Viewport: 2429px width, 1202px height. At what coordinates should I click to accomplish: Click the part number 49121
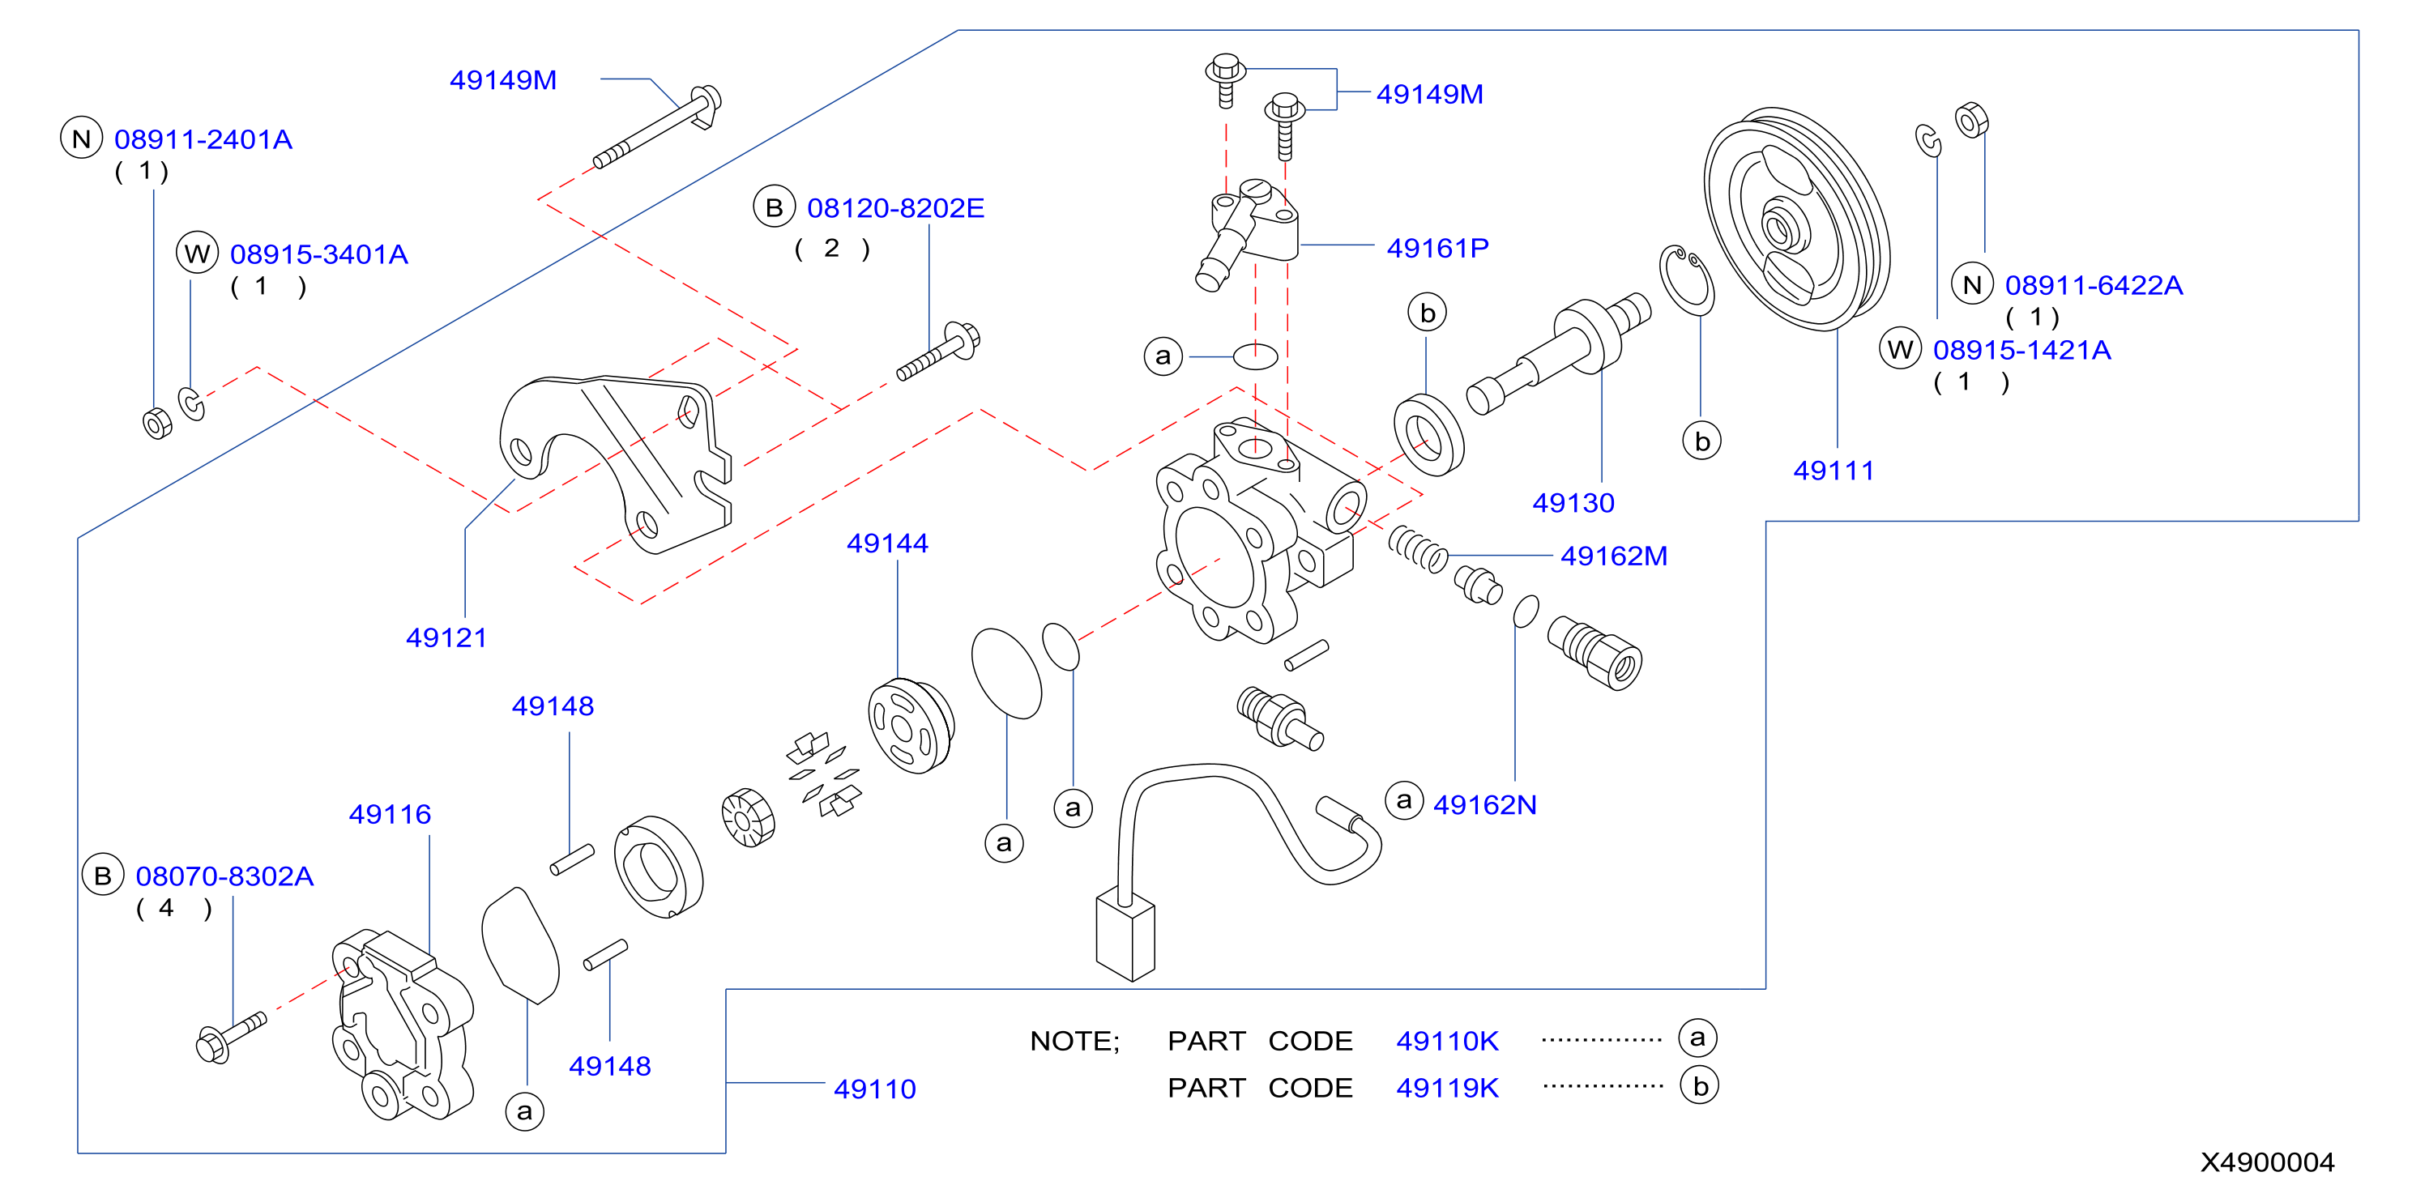click(x=446, y=638)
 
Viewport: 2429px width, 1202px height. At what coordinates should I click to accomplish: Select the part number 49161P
click(x=1437, y=248)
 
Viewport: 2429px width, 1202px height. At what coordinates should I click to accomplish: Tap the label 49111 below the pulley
click(x=1833, y=471)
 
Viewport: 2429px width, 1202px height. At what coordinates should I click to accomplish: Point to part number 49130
click(x=1573, y=502)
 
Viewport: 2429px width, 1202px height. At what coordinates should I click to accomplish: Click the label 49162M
click(x=1613, y=556)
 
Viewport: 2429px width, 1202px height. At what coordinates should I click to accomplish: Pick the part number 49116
click(x=390, y=815)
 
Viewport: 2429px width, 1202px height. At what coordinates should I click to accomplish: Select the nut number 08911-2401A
click(x=203, y=139)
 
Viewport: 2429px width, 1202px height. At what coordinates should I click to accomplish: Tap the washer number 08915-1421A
click(x=2021, y=351)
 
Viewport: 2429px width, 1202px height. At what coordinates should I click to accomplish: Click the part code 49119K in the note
click(x=1446, y=1088)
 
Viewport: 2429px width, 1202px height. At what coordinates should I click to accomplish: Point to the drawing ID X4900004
click(x=2267, y=1162)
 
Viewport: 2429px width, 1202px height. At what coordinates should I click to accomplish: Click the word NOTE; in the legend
click(x=1074, y=1042)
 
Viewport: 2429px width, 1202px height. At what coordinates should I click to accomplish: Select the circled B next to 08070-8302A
click(x=103, y=876)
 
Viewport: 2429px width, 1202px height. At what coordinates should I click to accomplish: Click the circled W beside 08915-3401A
click(x=197, y=254)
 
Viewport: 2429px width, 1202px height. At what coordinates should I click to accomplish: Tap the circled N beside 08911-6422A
click(x=1972, y=285)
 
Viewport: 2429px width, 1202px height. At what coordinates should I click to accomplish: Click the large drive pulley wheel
click(x=1796, y=219)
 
